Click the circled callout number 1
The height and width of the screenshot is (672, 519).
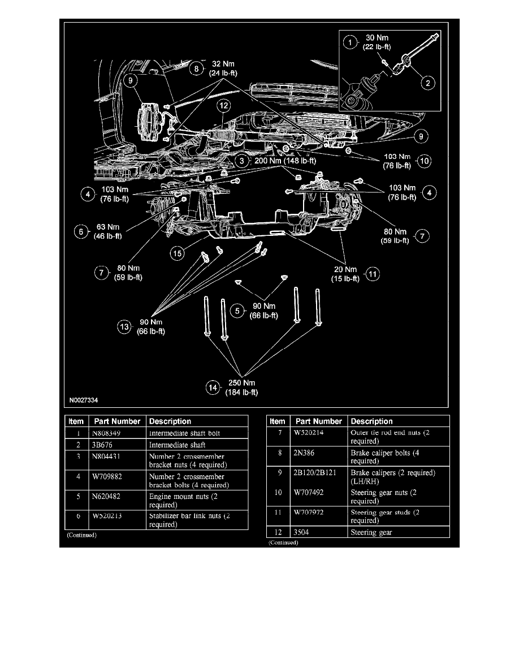click(351, 42)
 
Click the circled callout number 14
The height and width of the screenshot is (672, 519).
click(213, 387)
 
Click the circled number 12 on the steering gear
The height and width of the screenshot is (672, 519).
click(224, 105)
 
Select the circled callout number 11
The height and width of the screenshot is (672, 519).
click(372, 274)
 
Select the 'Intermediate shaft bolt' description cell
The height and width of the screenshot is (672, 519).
click(184, 433)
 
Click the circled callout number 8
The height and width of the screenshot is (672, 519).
click(196, 68)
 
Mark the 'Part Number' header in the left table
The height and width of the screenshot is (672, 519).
click(115, 421)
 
